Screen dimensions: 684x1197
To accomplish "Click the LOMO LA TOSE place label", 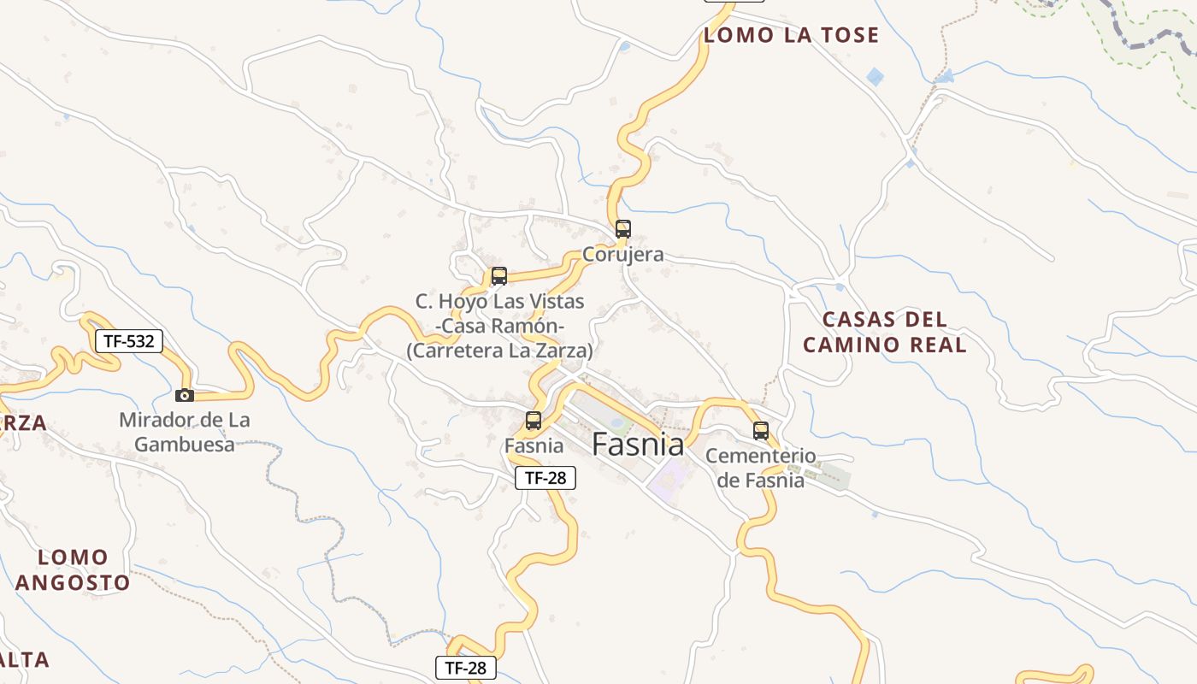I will pos(791,35).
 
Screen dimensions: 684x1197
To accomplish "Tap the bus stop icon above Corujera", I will pos(623,229).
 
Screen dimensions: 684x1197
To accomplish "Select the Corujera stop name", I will pos(623,255).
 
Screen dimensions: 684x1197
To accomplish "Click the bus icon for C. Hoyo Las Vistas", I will pos(499,276).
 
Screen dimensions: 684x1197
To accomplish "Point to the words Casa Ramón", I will pos(500,326).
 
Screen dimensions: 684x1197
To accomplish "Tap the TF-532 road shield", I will pos(128,341).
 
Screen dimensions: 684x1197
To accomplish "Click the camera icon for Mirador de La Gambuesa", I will pos(185,395).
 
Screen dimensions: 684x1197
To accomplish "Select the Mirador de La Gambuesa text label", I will pos(185,432).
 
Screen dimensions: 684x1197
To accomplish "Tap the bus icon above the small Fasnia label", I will pos(534,421).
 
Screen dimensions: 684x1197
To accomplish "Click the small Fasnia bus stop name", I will pos(534,445).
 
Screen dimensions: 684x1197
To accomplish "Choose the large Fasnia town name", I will pos(638,445).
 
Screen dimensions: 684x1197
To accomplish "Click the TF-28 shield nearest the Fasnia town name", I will pos(545,478).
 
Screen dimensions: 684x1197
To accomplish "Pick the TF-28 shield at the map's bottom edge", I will pos(466,668).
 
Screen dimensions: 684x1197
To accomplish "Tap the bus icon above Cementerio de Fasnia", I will pos(761,431).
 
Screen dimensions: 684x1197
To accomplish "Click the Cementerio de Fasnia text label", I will pos(760,468).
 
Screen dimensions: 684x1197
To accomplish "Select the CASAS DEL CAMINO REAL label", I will pos(885,333).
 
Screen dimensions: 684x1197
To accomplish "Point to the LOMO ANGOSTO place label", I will pos(73,570).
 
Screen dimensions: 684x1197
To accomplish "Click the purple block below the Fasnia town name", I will pos(669,481).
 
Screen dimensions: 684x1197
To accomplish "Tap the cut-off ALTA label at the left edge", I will pos(24,660).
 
